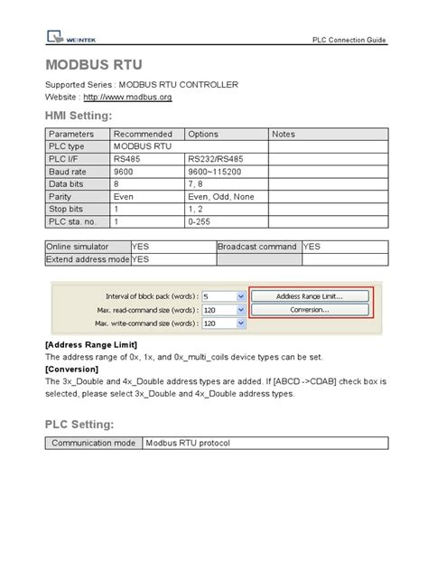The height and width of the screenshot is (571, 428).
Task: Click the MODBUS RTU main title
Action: coord(91,66)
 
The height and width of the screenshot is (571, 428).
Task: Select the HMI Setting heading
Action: coord(79,117)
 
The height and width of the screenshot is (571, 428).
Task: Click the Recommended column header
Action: coord(143,134)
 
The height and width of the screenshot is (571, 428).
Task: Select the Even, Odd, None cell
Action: coord(220,195)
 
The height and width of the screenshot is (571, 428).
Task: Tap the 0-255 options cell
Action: coord(200,220)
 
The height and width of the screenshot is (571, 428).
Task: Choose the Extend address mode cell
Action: coord(88,259)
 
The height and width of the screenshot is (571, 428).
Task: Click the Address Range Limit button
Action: coord(310,295)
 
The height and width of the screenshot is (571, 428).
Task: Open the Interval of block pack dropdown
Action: coord(240,296)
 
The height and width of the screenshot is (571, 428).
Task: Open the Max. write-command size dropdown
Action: coord(240,323)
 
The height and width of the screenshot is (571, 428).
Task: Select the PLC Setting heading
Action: coord(79,424)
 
